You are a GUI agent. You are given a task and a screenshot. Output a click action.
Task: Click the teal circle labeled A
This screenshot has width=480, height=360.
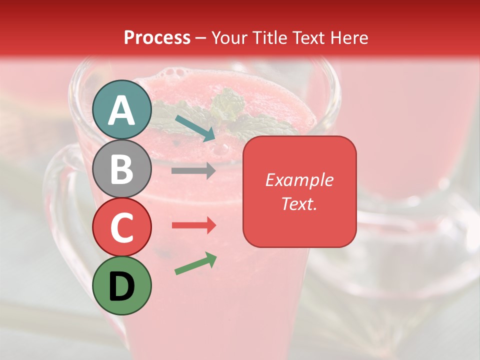(122, 110)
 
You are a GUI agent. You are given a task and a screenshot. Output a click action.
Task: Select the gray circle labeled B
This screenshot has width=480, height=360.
(122, 168)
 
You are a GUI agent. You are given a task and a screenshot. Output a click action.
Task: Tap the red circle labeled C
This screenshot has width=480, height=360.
(122, 227)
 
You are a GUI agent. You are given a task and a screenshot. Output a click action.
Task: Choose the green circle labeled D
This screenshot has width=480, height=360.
(122, 285)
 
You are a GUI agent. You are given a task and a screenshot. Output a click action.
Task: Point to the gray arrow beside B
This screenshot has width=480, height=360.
(193, 170)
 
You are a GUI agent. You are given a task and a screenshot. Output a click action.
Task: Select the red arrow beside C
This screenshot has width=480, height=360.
(193, 225)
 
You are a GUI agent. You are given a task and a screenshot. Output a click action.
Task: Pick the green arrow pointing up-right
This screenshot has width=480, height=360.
(195, 264)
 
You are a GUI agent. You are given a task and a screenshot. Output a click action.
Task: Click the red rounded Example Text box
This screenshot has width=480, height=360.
(299, 191)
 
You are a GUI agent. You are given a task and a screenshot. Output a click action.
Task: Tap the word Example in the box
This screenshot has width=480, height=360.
(299, 180)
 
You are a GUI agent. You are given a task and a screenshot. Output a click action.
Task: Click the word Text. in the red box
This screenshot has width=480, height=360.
(299, 203)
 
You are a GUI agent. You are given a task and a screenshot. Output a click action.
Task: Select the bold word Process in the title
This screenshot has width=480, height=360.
(157, 37)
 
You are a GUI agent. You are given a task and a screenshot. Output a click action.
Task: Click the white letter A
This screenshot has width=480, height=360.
(122, 110)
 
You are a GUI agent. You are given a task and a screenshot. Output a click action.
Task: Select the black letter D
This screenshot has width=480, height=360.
(122, 286)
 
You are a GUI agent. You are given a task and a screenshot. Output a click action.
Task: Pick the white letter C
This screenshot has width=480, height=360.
(122, 227)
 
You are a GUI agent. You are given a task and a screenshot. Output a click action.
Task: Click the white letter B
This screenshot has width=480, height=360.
(122, 169)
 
